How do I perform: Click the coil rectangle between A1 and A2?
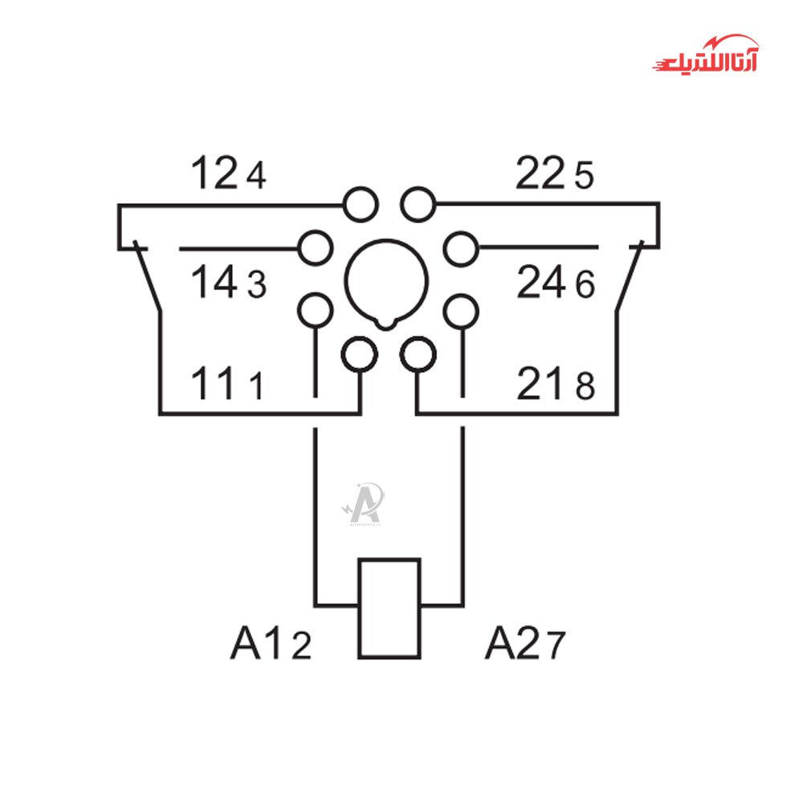pos(389,608)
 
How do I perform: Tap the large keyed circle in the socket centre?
pos(387,281)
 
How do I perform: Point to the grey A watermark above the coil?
pos(365,503)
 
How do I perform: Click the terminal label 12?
pos(214,173)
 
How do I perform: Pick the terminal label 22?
pos(540,173)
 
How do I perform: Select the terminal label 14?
pos(214,283)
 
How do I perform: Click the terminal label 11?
pos(214,385)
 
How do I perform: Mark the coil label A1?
pos(257,643)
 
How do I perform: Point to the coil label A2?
pos(512,643)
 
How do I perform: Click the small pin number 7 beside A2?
pos(556,646)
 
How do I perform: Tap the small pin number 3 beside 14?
pos(256,286)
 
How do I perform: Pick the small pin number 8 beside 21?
pos(585,389)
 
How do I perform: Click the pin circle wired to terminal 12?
pos(361,205)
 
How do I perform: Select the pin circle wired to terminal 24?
pos(460,248)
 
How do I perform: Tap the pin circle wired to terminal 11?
pos(360,353)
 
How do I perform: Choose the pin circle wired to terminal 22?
pos(418,205)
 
